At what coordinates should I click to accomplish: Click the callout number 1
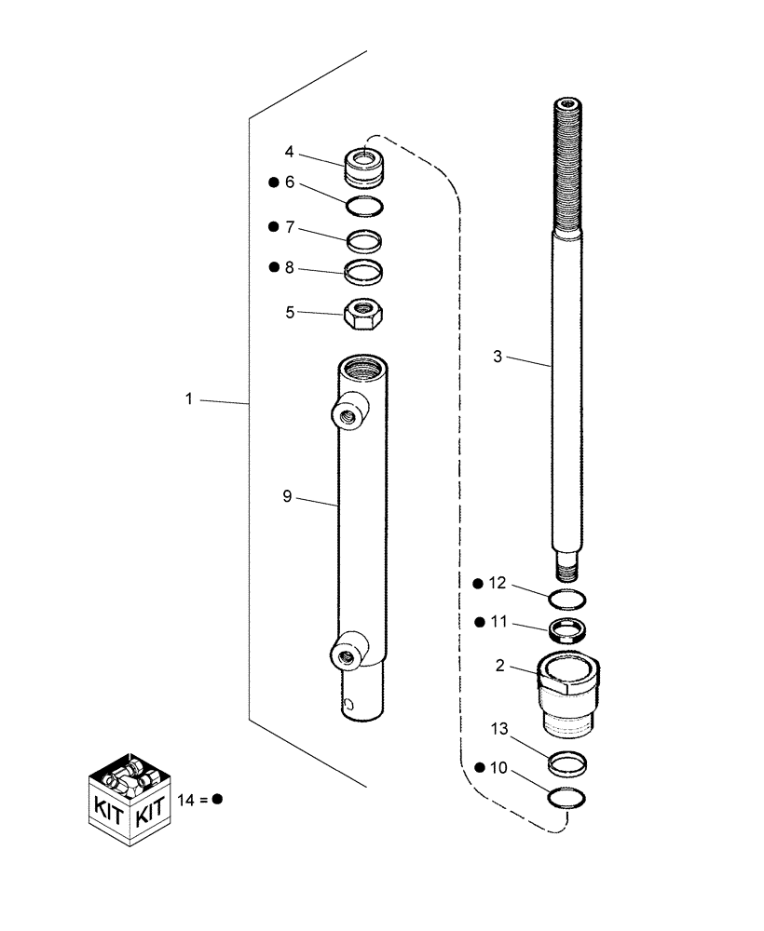(x=188, y=398)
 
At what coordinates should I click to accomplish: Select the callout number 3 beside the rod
(x=498, y=356)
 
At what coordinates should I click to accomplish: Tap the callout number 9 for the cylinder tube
(x=288, y=496)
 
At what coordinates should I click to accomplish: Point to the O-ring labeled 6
(x=364, y=205)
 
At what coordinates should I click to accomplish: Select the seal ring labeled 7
(x=364, y=241)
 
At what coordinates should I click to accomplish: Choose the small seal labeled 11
(x=567, y=631)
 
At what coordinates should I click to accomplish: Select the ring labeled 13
(x=567, y=763)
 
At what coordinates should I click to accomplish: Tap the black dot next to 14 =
(x=216, y=799)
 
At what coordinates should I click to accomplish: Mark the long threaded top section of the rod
(x=566, y=168)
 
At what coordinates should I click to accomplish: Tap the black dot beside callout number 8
(x=274, y=267)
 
